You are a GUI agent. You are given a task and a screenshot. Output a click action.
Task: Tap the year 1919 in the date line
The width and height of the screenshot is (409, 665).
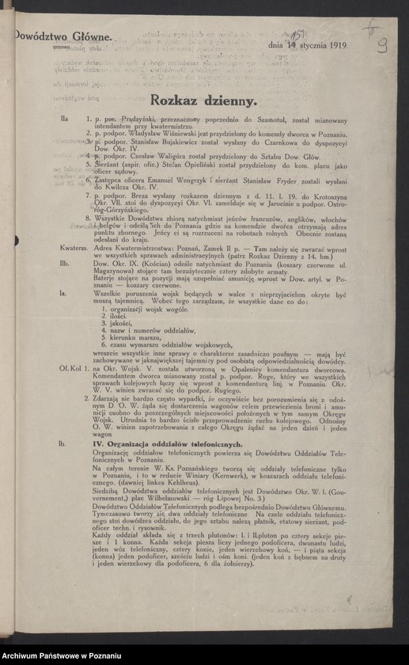pyautogui.click(x=336, y=46)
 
